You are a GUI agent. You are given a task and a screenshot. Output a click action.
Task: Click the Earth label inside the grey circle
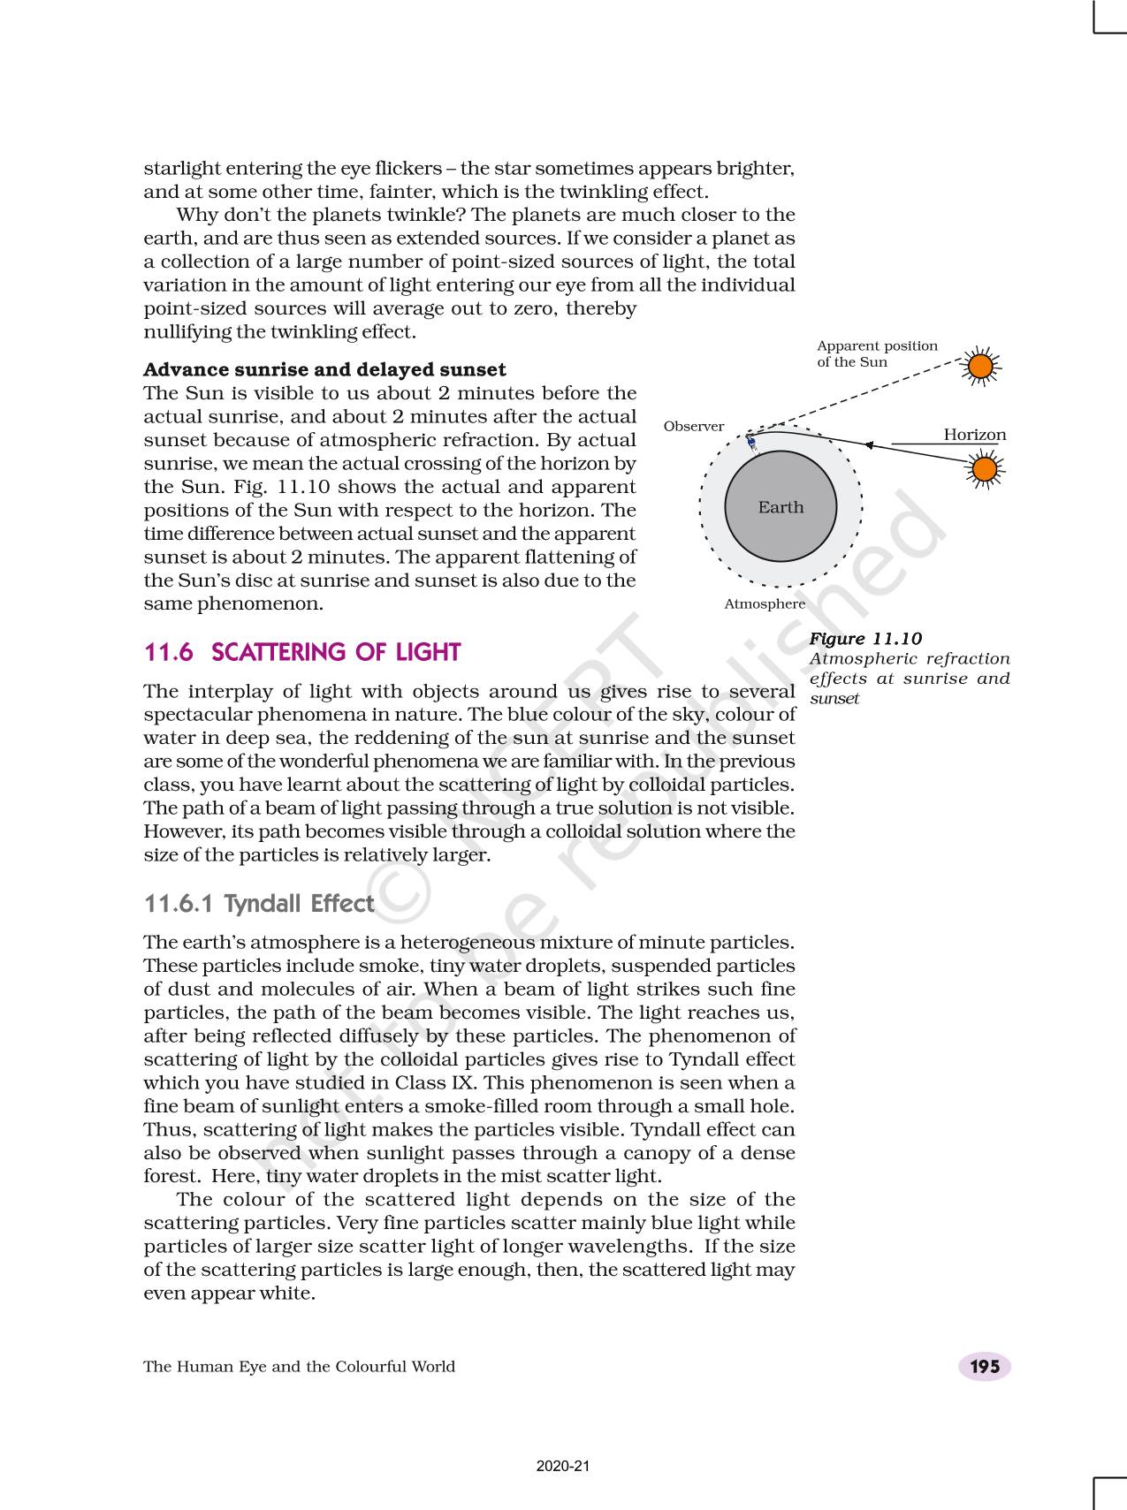tap(781, 507)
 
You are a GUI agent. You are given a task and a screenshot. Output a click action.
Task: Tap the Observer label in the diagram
tap(693, 427)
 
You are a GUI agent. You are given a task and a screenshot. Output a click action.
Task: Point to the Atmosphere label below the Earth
tap(765, 604)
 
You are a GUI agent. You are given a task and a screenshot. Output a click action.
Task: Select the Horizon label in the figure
tap(974, 435)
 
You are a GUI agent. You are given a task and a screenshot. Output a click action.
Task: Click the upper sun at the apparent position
tap(980, 366)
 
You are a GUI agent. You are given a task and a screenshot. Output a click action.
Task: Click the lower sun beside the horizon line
tap(984, 468)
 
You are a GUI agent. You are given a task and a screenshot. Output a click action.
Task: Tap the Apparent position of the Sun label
tap(876, 354)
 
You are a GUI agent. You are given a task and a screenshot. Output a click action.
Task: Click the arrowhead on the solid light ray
tap(869, 445)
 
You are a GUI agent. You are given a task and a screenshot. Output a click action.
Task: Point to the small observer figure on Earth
tap(751, 442)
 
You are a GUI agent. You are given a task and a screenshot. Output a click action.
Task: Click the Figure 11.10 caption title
tap(865, 639)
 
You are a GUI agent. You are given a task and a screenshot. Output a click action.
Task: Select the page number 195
tap(984, 1367)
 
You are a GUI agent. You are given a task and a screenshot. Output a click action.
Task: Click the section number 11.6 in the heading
tap(168, 653)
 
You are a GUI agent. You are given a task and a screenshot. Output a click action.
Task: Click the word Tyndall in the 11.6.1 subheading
tap(263, 904)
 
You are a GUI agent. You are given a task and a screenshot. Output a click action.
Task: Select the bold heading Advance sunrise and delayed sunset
tap(324, 369)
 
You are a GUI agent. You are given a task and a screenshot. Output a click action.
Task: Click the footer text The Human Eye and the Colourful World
tap(299, 1367)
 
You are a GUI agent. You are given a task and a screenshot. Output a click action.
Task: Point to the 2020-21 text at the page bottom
tap(563, 1467)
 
